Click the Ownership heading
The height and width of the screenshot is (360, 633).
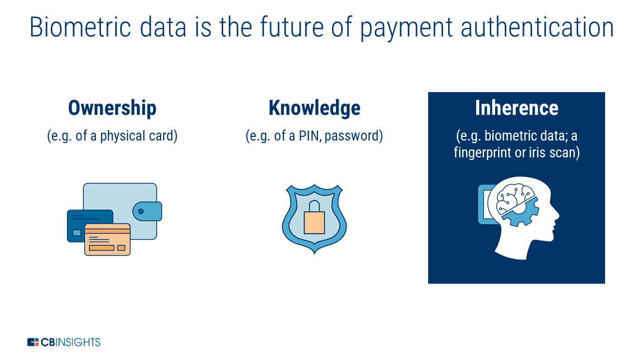[112, 108]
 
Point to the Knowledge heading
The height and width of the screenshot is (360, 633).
[314, 108]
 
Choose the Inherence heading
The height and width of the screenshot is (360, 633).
[517, 108]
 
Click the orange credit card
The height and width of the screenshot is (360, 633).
[107, 240]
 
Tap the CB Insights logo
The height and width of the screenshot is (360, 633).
[64, 342]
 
